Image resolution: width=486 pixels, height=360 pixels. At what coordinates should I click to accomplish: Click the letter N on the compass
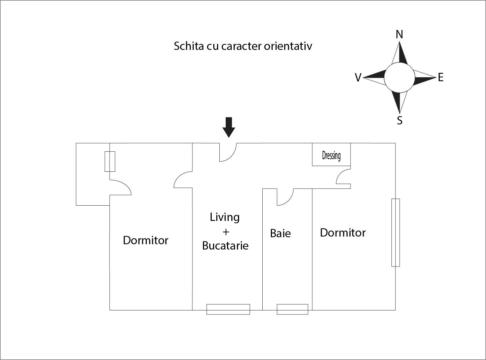click(x=399, y=34)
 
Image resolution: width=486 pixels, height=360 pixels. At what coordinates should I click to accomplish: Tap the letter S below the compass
click(x=400, y=120)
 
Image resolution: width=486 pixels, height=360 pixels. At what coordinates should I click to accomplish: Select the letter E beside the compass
click(x=441, y=78)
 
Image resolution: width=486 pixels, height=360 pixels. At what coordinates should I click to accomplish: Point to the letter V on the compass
click(x=358, y=78)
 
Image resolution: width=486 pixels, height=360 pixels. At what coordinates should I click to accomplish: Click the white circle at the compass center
click(x=399, y=78)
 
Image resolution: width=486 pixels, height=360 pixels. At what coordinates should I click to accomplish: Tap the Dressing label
click(x=331, y=155)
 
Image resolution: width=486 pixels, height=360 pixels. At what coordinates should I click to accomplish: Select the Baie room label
click(x=280, y=233)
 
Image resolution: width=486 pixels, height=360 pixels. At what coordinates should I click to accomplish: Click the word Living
click(x=225, y=217)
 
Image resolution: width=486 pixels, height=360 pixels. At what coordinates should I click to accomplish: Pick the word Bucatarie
click(x=225, y=246)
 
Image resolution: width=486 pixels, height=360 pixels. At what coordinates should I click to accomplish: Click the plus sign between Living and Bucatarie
click(x=226, y=232)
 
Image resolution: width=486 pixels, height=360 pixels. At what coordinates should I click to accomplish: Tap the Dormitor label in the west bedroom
click(x=145, y=240)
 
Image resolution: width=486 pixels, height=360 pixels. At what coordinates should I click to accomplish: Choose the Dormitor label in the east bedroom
click(x=343, y=233)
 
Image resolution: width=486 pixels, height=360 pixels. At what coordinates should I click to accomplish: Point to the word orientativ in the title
click(x=288, y=46)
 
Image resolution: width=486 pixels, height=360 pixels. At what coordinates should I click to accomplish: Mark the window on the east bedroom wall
click(x=395, y=233)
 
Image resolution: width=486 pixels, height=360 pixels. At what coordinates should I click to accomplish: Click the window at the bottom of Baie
click(x=292, y=309)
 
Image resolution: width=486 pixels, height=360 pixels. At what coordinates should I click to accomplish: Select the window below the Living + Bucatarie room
click(x=228, y=309)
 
